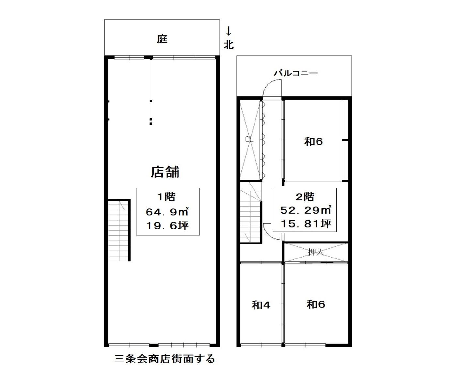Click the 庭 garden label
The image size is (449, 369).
[162, 39]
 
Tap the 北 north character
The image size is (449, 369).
[228, 45]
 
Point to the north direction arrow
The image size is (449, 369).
[229, 31]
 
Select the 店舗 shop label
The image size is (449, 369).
[165, 172]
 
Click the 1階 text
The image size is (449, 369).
[166, 197]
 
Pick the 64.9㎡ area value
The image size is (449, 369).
[167, 212]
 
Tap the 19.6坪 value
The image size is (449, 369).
[167, 226]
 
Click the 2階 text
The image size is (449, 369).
[305, 197]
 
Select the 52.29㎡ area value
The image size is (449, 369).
[305, 210]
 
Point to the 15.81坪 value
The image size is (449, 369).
[306, 224]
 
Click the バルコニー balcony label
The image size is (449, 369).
[296, 73]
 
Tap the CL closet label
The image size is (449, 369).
[249, 139]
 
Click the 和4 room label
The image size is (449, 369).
[261, 305]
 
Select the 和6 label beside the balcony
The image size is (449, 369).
[313, 141]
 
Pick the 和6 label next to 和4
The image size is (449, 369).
[316, 304]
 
